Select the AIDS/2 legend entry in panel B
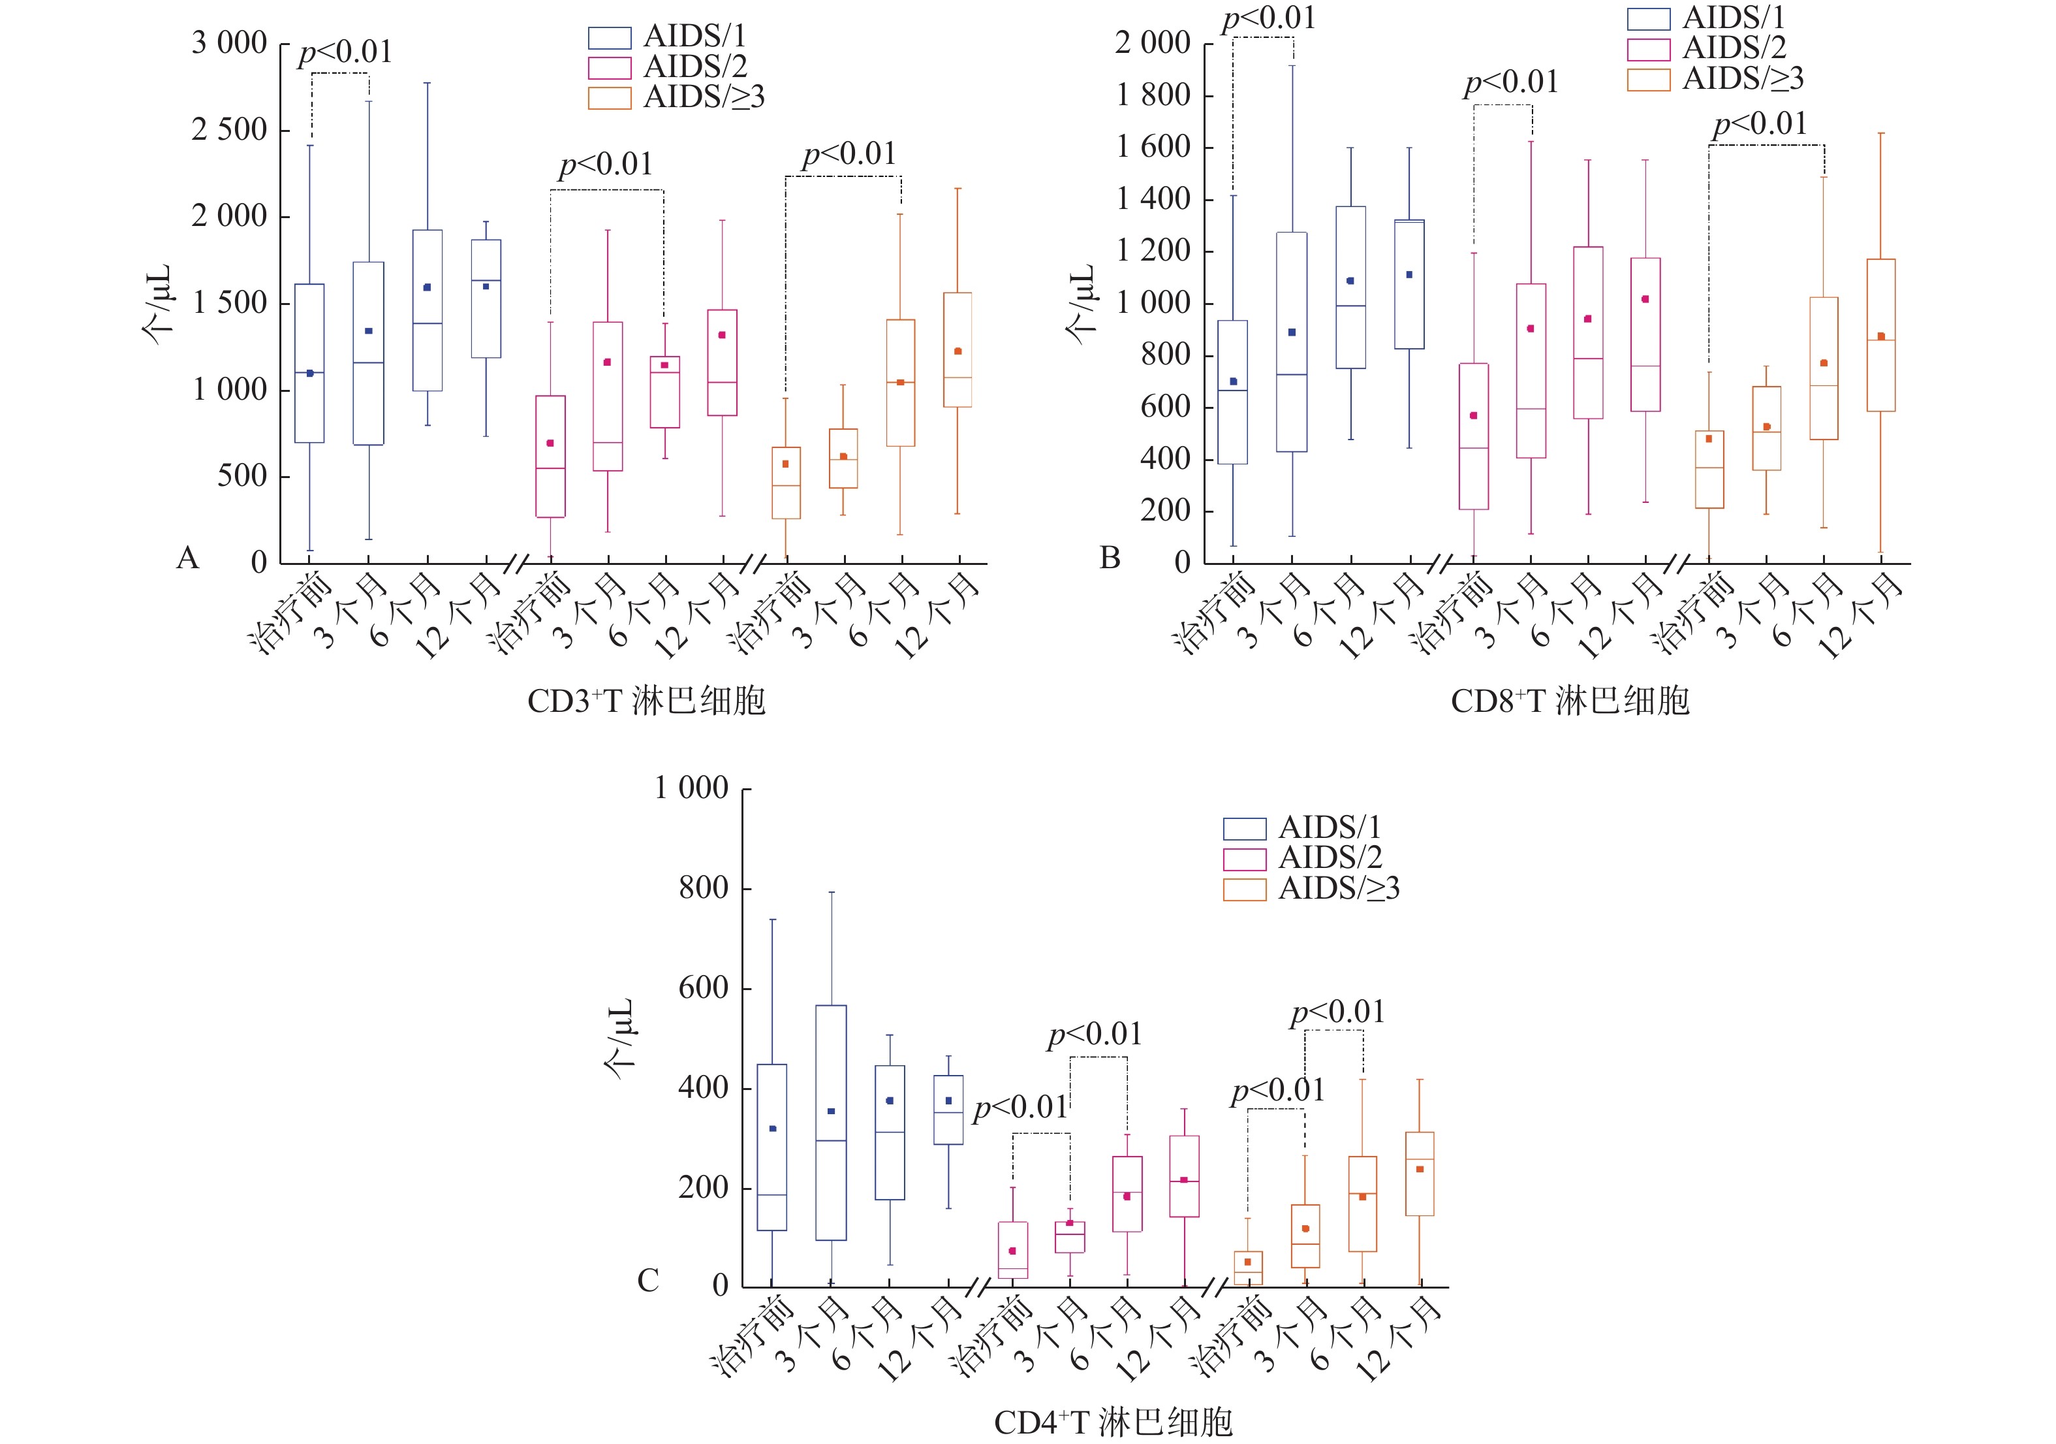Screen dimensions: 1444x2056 (x=1706, y=48)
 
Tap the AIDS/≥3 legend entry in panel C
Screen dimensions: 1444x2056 (x=1312, y=889)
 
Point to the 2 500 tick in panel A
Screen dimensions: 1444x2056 (x=229, y=130)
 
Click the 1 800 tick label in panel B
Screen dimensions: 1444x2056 (x=1153, y=95)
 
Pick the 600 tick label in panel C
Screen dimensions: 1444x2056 (x=703, y=988)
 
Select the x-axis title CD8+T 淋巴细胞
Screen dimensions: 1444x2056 (x=1570, y=701)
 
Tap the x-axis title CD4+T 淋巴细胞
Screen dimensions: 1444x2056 (x=1113, y=1422)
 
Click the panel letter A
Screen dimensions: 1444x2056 (x=187, y=558)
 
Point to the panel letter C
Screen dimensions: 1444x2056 (x=647, y=1281)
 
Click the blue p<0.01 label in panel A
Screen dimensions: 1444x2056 (x=345, y=52)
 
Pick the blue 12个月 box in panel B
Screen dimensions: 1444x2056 (x=1409, y=284)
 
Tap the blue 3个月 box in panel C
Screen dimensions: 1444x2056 (x=831, y=1123)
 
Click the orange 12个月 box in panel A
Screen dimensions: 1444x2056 (x=958, y=349)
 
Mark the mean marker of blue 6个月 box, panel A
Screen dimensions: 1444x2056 (x=427, y=287)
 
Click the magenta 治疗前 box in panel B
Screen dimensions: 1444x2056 (x=1474, y=436)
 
